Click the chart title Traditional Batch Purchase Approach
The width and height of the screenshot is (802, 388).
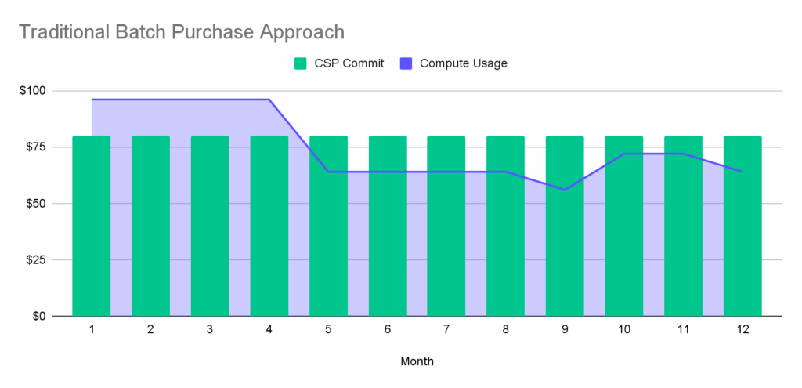181,32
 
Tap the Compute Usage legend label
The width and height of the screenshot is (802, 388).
464,63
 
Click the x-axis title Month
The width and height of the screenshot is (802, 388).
417,361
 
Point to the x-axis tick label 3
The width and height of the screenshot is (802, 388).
210,330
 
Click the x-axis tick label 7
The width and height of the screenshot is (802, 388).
446,330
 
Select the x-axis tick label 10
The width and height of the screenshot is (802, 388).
624,330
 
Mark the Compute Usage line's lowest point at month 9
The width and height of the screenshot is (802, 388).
565,190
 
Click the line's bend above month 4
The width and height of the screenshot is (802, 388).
269,100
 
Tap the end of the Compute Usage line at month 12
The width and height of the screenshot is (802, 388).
742,172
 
